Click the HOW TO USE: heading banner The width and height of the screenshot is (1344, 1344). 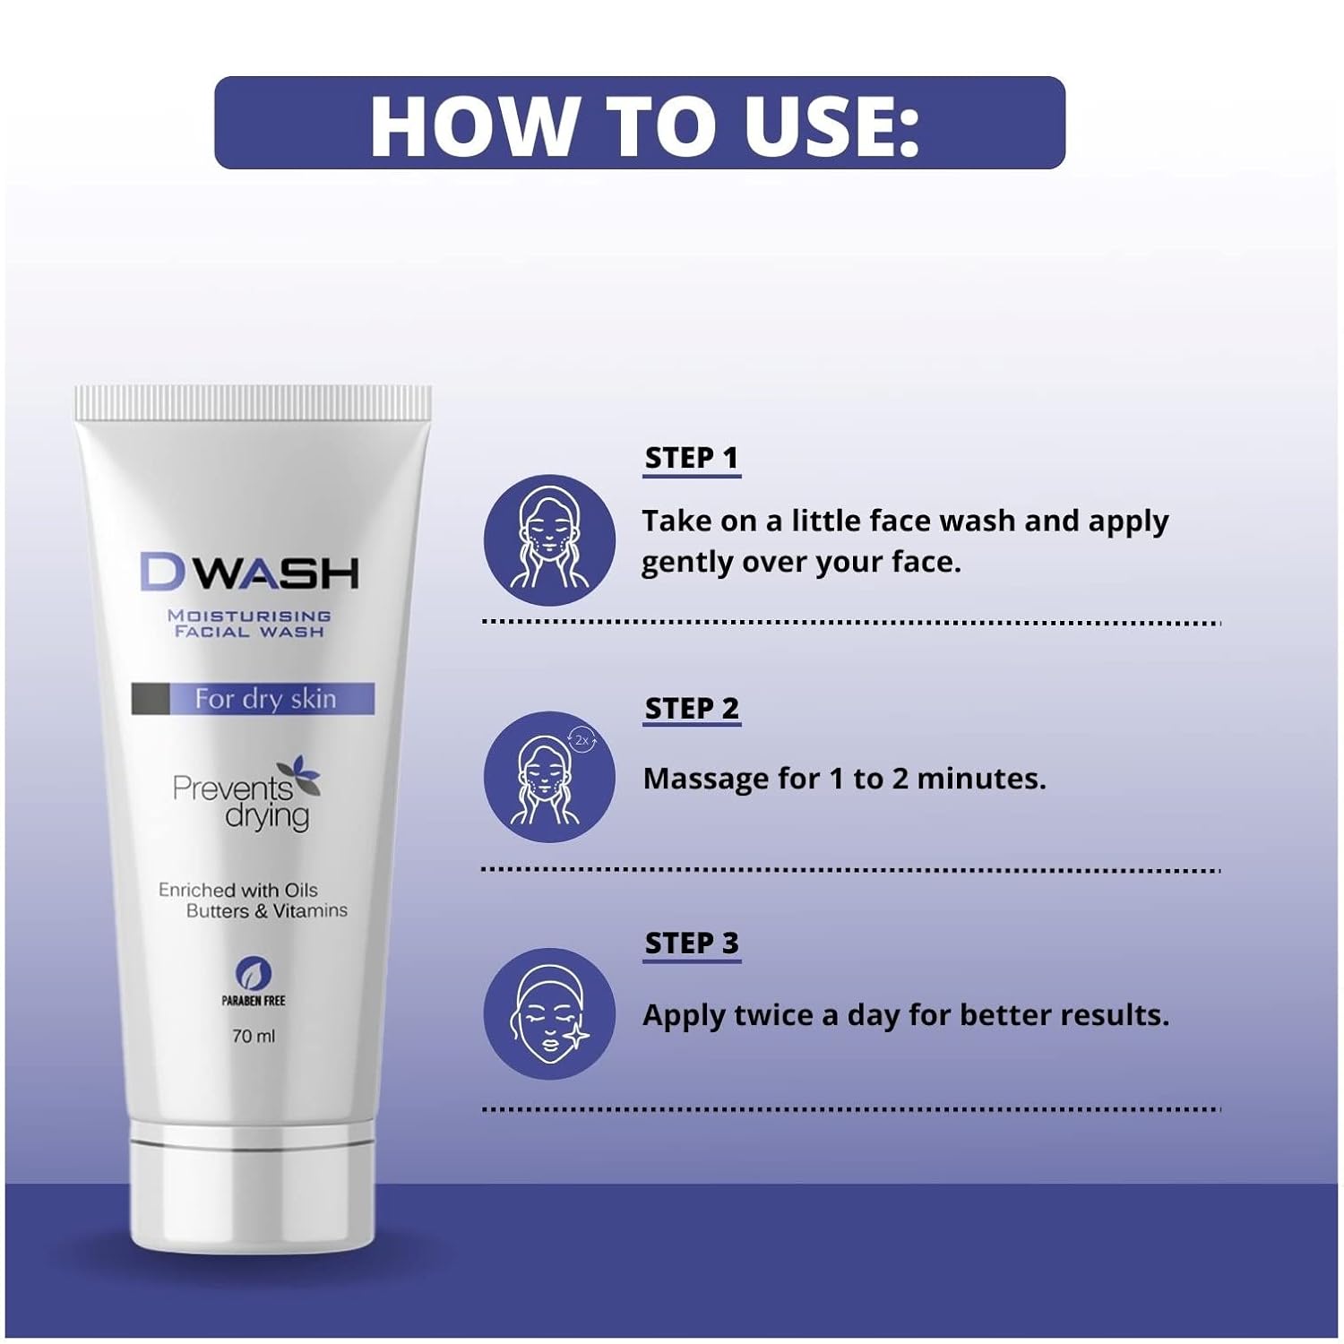click(x=640, y=123)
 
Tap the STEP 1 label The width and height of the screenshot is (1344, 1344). click(x=692, y=458)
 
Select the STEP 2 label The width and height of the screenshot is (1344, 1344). click(x=692, y=708)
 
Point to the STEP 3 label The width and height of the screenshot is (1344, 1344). click(x=692, y=943)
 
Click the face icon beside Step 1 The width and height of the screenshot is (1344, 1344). click(x=549, y=540)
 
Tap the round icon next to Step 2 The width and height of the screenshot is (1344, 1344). click(x=549, y=777)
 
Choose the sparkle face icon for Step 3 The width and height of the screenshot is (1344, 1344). click(x=549, y=1013)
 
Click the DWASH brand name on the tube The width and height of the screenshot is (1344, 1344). click(x=249, y=573)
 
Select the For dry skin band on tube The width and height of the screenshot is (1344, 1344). click(x=253, y=699)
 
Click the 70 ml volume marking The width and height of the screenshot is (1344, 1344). click(x=254, y=1036)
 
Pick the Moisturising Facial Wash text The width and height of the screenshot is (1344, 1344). click(x=249, y=624)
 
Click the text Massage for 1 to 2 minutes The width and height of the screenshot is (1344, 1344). click(x=844, y=779)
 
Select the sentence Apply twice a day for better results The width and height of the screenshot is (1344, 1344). click(x=906, y=1015)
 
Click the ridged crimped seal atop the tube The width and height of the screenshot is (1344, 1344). click(x=253, y=402)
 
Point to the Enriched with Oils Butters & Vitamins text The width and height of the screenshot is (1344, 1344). click(x=253, y=900)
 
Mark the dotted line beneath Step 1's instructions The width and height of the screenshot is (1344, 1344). click(x=851, y=622)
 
